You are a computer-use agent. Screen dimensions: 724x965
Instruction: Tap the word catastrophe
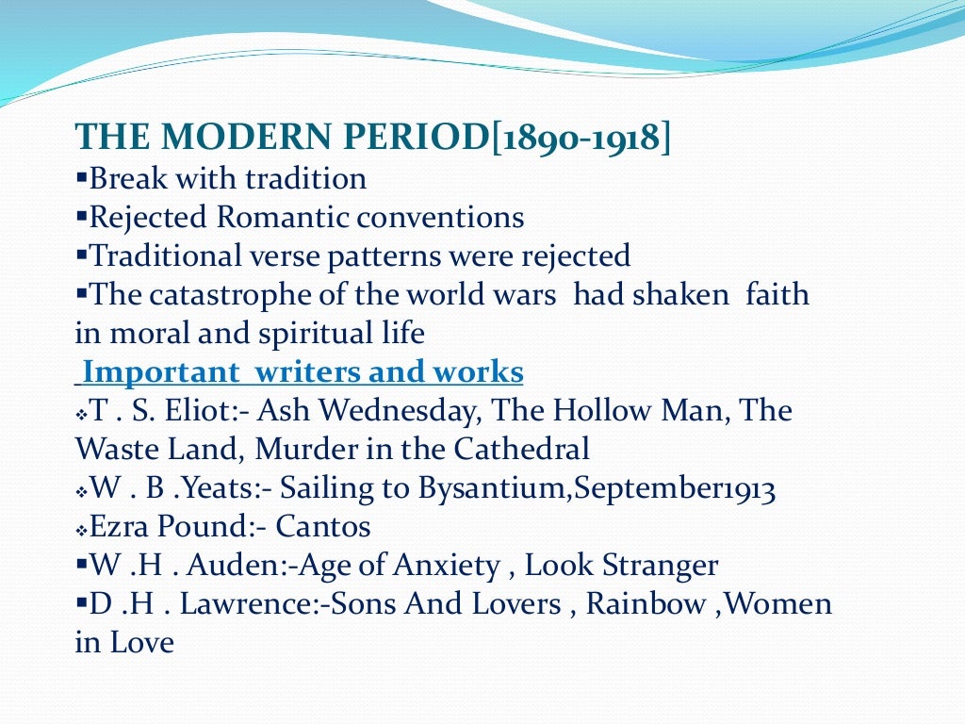point(221,295)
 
